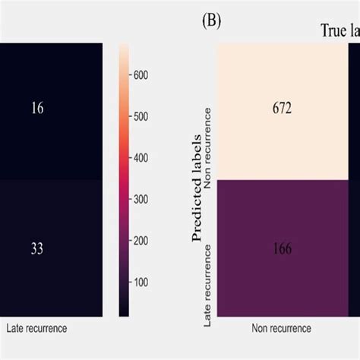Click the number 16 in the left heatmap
pyautogui.click(x=37, y=109)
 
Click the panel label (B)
pyautogui.click(x=210, y=21)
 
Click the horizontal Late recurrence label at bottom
pyautogui.click(x=36, y=329)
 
